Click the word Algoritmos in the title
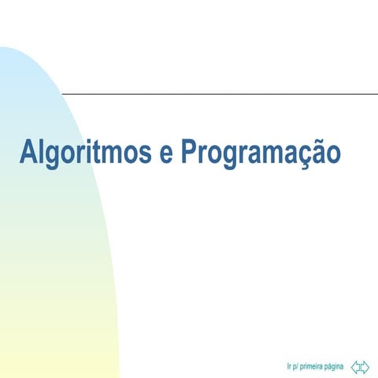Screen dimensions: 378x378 click(86, 151)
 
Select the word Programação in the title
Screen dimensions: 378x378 click(261, 151)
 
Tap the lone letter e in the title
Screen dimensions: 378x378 click(166, 153)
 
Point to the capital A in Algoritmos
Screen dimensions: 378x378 click(28, 151)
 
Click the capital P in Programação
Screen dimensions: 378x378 click(190, 151)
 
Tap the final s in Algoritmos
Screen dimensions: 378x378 click(146, 153)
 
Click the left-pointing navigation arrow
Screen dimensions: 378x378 click(356, 366)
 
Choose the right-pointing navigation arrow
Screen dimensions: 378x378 click(365, 366)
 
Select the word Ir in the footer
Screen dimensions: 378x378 click(290, 366)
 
